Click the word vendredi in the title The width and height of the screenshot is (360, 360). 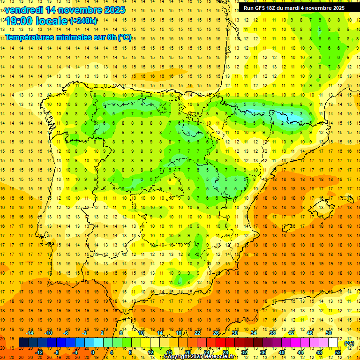tap(24, 10)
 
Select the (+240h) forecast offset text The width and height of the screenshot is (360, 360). tap(83, 21)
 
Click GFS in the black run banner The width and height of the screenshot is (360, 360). tap(261, 8)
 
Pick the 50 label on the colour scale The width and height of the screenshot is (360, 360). tap(329, 333)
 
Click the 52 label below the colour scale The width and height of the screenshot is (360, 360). tap(338, 352)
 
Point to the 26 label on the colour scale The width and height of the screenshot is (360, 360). tap(216, 333)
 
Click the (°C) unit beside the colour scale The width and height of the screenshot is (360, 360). tap(349, 343)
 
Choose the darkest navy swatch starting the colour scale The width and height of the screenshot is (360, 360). tap(23, 343)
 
